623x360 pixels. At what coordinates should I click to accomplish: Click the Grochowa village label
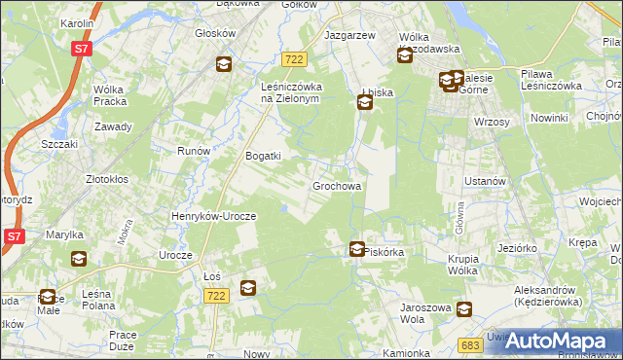pos(337,185)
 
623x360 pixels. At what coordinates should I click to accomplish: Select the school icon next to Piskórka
pos(357,250)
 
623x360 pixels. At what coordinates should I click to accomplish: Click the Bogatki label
pos(263,156)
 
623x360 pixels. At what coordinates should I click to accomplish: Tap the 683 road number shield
pos(470,344)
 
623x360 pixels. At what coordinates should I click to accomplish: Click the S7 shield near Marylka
pos(14,236)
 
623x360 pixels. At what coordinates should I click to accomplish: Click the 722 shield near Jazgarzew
pos(297,60)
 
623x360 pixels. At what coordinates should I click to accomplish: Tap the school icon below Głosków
pos(223,65)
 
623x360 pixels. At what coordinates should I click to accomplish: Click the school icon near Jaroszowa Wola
pos(464,309)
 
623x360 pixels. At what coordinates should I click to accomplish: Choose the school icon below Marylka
pos(78,259)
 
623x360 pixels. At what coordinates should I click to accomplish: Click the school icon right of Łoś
pos(248,287)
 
